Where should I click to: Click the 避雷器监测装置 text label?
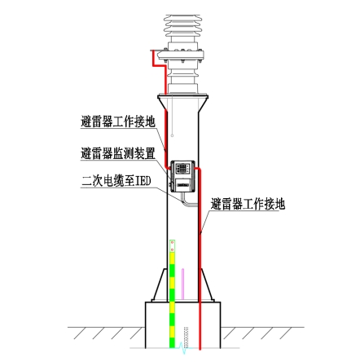(x=118, y=153)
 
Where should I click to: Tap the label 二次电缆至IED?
(x=116, y=181)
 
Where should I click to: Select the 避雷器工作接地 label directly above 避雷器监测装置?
(x=118, y=121)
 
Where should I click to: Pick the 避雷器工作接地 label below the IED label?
(x=248, y=204)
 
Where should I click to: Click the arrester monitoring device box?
(x=182, y=176)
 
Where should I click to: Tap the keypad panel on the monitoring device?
(x=182, y=168)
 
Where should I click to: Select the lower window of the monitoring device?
(x=183, y=184)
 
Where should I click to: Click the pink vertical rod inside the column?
(x=182, y=285)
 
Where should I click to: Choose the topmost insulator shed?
(x=183, y=18)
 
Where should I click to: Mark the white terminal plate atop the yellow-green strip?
(x=172, y=246)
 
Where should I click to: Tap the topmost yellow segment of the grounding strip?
(x=172, y=258)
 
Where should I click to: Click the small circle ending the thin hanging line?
(x=172, y=135)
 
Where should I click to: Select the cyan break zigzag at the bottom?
(x=183, y=348)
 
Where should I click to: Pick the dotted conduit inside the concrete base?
(x=186, y=338)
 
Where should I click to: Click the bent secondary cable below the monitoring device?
(x=189, y=200)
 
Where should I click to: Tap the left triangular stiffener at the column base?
(x=160, y=285)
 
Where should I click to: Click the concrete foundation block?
(x=183, y=324)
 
